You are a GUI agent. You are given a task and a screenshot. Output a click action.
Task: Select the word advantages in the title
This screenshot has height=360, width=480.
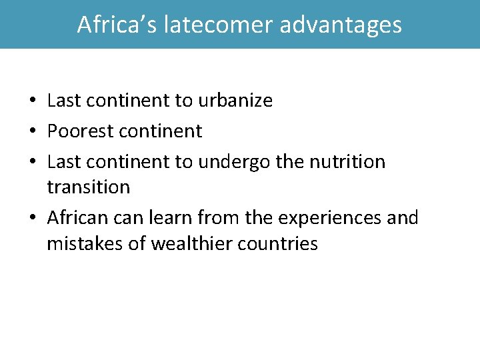coord(341,25)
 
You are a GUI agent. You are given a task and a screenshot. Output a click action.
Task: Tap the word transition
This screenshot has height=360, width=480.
coord(89,187)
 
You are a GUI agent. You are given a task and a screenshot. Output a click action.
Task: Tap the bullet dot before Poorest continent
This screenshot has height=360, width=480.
coord(32,132)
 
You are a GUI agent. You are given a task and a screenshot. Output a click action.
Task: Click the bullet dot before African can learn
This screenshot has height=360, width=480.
coord(32,219)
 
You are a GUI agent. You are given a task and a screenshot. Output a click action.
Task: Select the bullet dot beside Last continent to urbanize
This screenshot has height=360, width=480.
coord(32,101)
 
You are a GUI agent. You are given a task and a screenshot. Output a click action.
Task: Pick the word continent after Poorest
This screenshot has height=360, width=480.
coord(161,131)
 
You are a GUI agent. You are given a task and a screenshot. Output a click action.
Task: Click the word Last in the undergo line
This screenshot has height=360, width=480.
coord(63,162)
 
